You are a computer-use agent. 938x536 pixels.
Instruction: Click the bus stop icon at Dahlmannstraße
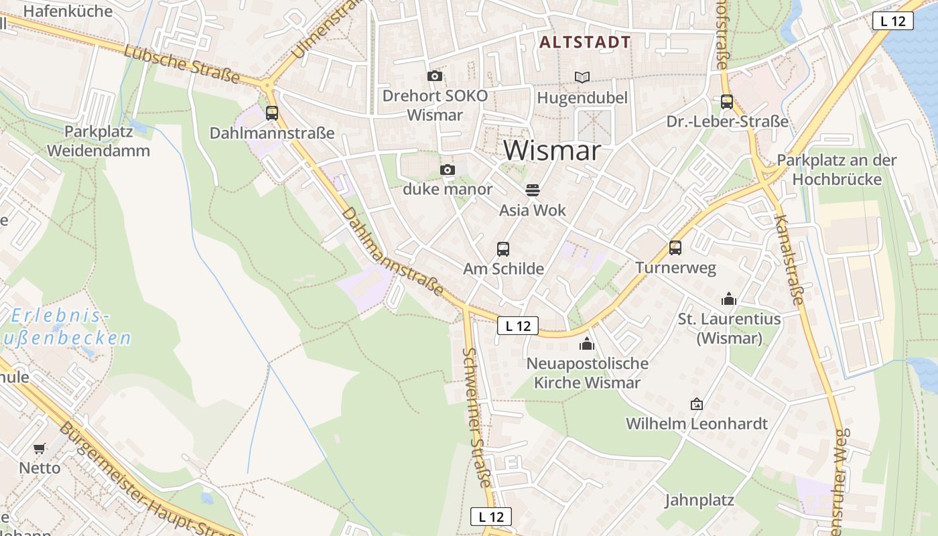tap(272, 113)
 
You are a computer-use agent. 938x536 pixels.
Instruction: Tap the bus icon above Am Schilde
tap(503, 249)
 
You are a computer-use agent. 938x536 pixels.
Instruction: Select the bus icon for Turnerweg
tap(675, 248)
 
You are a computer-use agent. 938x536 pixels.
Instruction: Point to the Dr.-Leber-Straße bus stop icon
tap(727, 102)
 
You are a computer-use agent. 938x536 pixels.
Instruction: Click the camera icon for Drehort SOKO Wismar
tap(435, 76)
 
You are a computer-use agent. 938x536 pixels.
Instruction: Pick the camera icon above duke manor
tap(448, 170)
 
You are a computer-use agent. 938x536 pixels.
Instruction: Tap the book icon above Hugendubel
tap(582, 78)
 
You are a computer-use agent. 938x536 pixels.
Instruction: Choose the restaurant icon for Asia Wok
tap(533, 190)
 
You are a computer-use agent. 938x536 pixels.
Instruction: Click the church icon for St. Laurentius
tap(729, 299)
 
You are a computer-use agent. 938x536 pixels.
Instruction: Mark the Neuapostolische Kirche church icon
tap(587, 344)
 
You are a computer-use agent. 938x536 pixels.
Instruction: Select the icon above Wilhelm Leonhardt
tap(697, 404)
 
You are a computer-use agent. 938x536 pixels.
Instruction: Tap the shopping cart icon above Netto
tap(40, 448)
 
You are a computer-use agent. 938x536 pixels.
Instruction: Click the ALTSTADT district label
tap(585, 43)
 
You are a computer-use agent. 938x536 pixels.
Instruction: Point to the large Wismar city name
tap(552, 151)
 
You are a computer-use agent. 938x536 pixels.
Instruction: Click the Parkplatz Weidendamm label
tap(98, 141)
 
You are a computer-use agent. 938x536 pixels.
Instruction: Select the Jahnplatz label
tap(699, 500)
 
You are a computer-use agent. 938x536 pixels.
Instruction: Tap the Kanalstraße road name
tap(788, 259)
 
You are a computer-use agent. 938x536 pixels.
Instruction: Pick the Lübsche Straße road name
tap(182, 65)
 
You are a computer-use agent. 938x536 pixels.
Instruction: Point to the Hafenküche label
tap(68, 11)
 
